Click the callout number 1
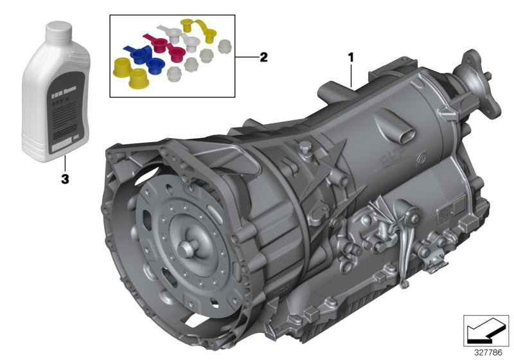(351, 57)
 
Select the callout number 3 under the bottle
(64, 180)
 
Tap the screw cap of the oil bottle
(60, 29)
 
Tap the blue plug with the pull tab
(137, 55)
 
